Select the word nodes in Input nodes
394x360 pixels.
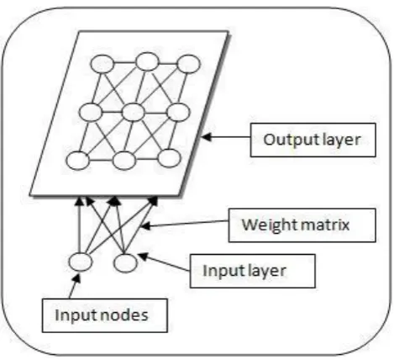pyautogui.click(x=124, y=315)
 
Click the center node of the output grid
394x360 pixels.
pyautogui.click(x=134, y=112)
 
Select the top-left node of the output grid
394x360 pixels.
pyautogui.click(x=102, y=64)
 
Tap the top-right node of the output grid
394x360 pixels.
pyautogui.click(x=189, y=64)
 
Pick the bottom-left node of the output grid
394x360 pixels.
pyautogui.click(x=78, y=161)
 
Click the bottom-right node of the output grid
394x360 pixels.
pyautogui.click(x=169, y=158)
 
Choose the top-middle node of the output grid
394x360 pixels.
pyautogui.click(x=147, y=61)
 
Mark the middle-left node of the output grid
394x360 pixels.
pyautogui.click(x=91, y=112)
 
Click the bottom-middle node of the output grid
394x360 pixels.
pyautogui.click(x=124, y=161)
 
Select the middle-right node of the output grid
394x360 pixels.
pyautogui.click(x=178, y=112)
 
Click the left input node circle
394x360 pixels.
pyautogui.click(x=81, y=262)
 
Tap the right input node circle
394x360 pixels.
pyautogui.click(x=126, y=263)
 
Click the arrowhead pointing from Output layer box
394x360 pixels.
pyautogui.click(x=206, y=137)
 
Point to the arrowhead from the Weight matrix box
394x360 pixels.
pyautogui.click(x=145, y=225)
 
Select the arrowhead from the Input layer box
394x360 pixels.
pyautogui.click(x=143, y=256)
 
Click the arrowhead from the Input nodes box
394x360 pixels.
pyautogui.click(x=76, y=278)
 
